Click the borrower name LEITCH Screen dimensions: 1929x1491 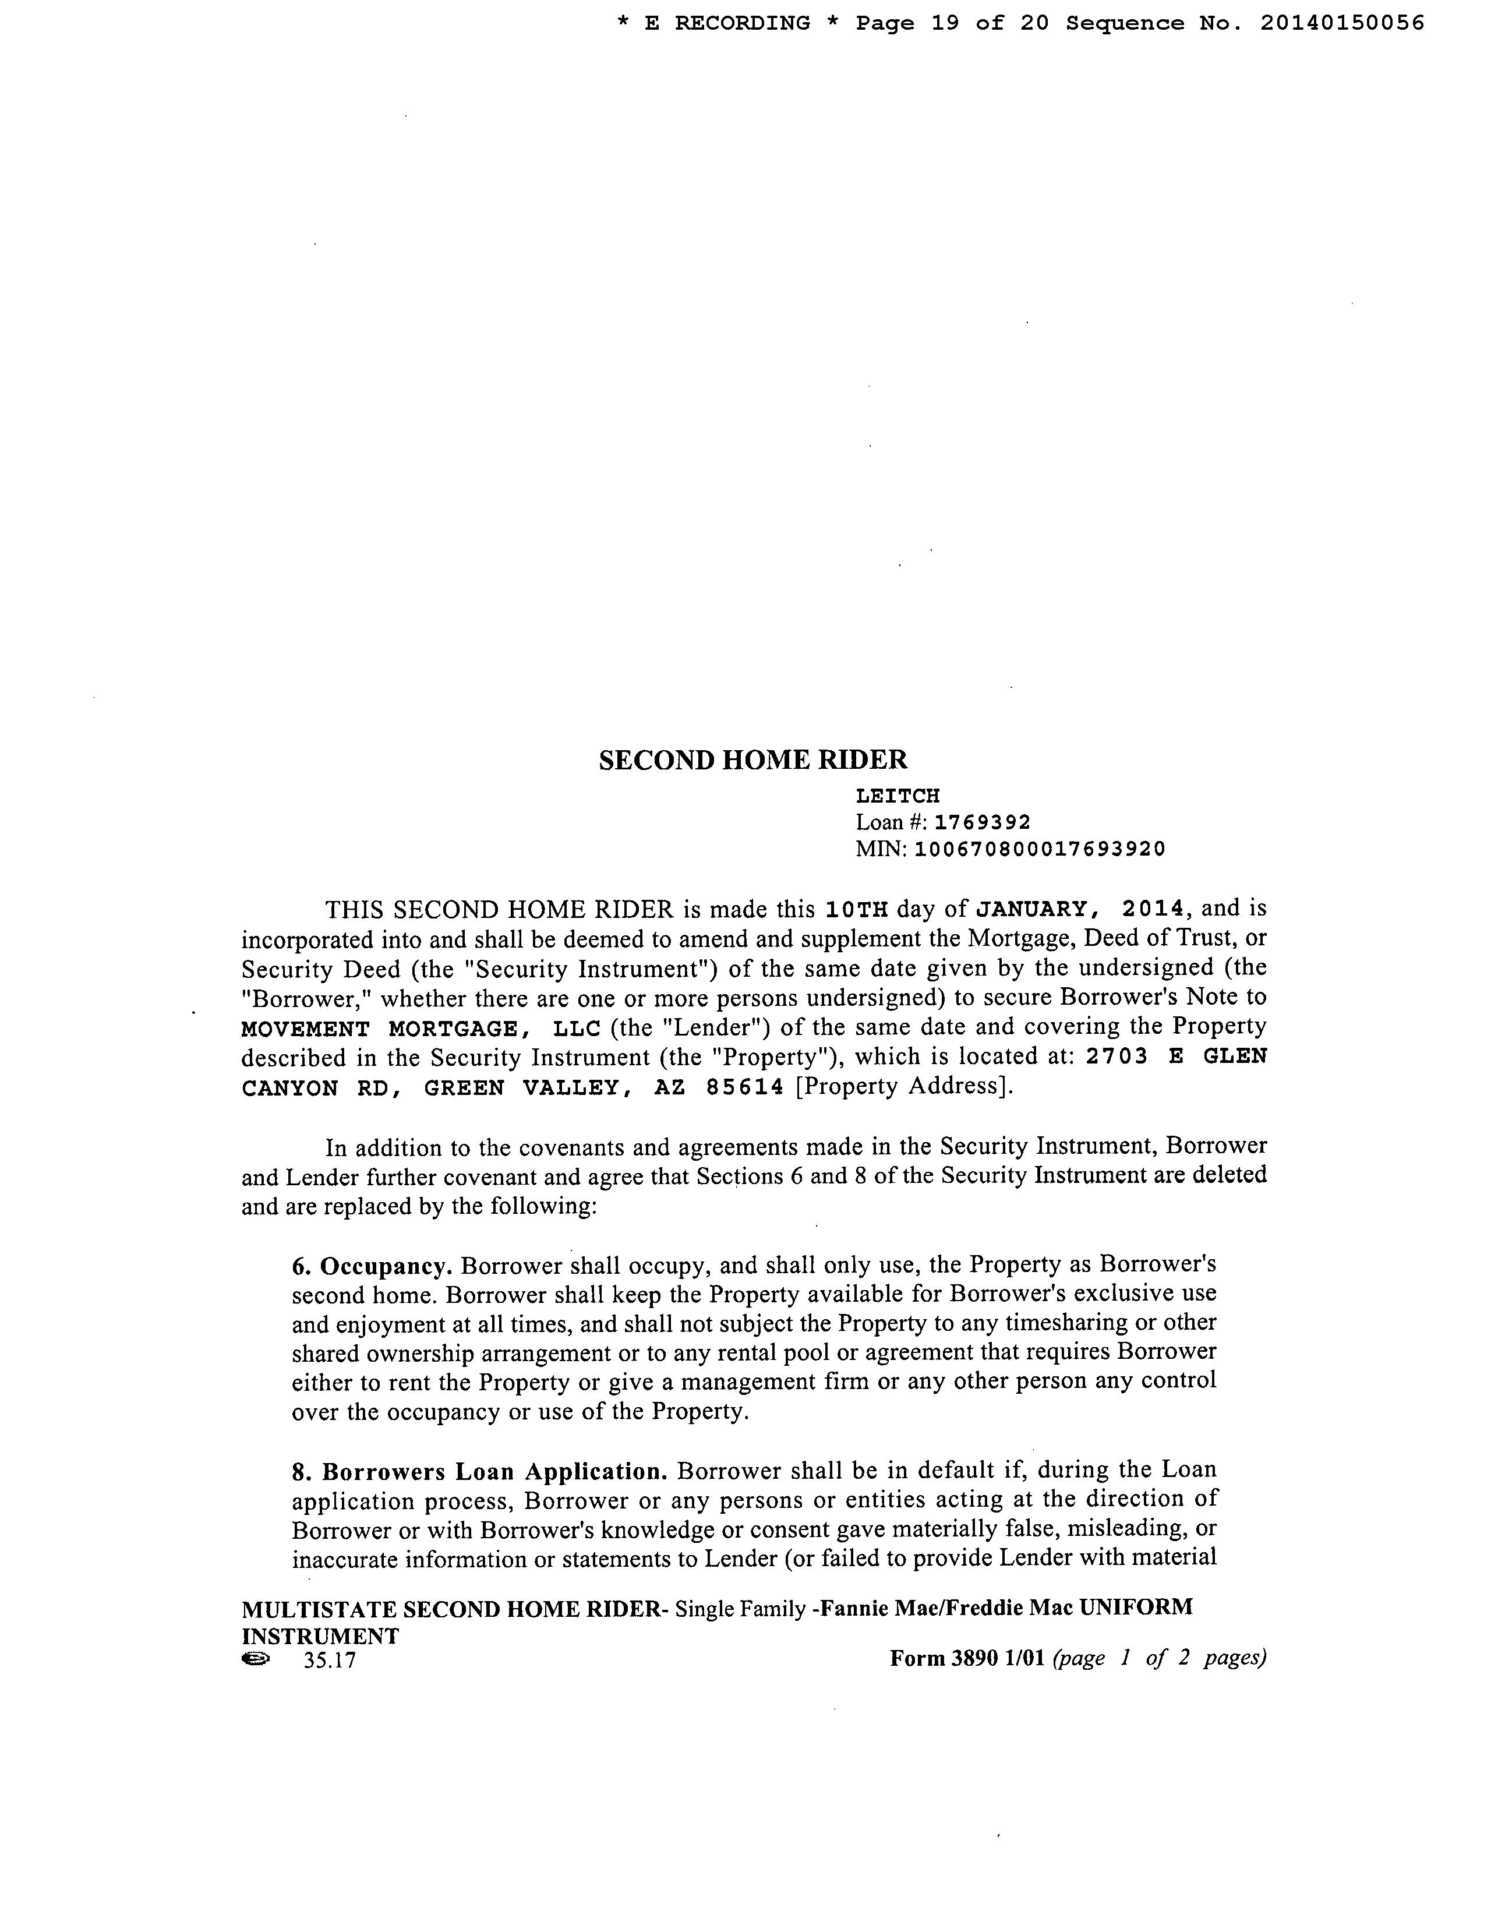pyautogui.click(x=898, y=797)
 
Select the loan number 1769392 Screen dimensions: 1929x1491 pyautogui.click(x=982, y=823)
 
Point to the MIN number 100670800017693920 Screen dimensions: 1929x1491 pyautogui.click(x=1040, y=850)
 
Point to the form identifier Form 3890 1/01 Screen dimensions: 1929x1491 pyautogui.click(x=967, y=1659)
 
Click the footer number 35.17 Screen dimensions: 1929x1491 pyautogui.click(x=328, y=1661)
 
